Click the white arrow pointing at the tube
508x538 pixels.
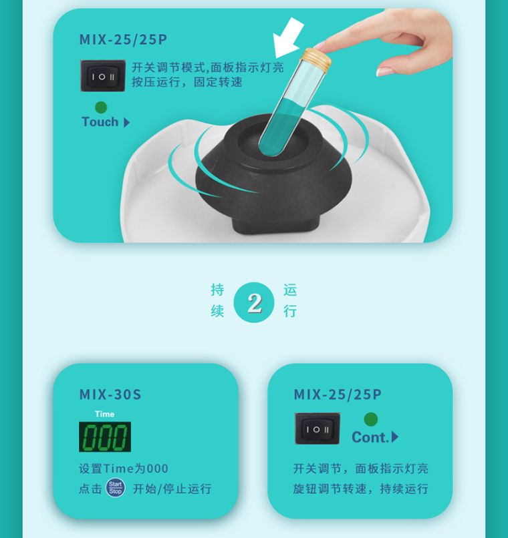tap(288, 38)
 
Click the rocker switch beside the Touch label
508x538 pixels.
tap(103, 76)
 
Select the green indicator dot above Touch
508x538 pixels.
tap(101, 107)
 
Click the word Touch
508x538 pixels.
tap(100, 121)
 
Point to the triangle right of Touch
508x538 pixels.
tap(126, 123)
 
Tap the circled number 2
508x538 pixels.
tap(254, 302)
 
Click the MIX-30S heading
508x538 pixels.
tap(110, 394)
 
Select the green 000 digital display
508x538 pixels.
tap(105, 437)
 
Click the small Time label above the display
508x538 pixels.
tap(105, 414)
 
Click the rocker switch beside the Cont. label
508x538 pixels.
tap(317, 429)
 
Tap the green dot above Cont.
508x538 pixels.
tap(370, 419)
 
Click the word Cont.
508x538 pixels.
tap(370, 437)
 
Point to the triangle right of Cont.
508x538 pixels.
tap(394, 437)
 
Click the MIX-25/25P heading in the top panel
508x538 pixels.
tap(123, 39)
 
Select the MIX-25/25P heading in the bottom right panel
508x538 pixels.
tap(338, 394)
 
